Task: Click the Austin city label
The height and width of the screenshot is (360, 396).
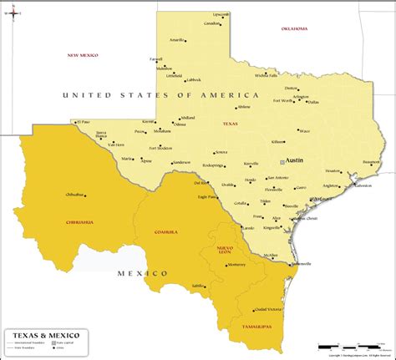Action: [294, 159]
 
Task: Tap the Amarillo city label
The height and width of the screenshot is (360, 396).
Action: [176, 40]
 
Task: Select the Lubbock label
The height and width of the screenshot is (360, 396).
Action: [194, 80]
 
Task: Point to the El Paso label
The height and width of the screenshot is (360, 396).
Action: [83, 122]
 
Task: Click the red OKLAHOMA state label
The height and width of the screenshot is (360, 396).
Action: [295, 29]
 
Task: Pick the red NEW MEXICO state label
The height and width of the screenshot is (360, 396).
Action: [83, 55]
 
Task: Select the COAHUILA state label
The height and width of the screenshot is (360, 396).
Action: [166, 231]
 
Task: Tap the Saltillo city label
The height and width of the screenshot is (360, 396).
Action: [198, 286]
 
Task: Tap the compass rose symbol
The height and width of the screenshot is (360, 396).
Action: [12, 13]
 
